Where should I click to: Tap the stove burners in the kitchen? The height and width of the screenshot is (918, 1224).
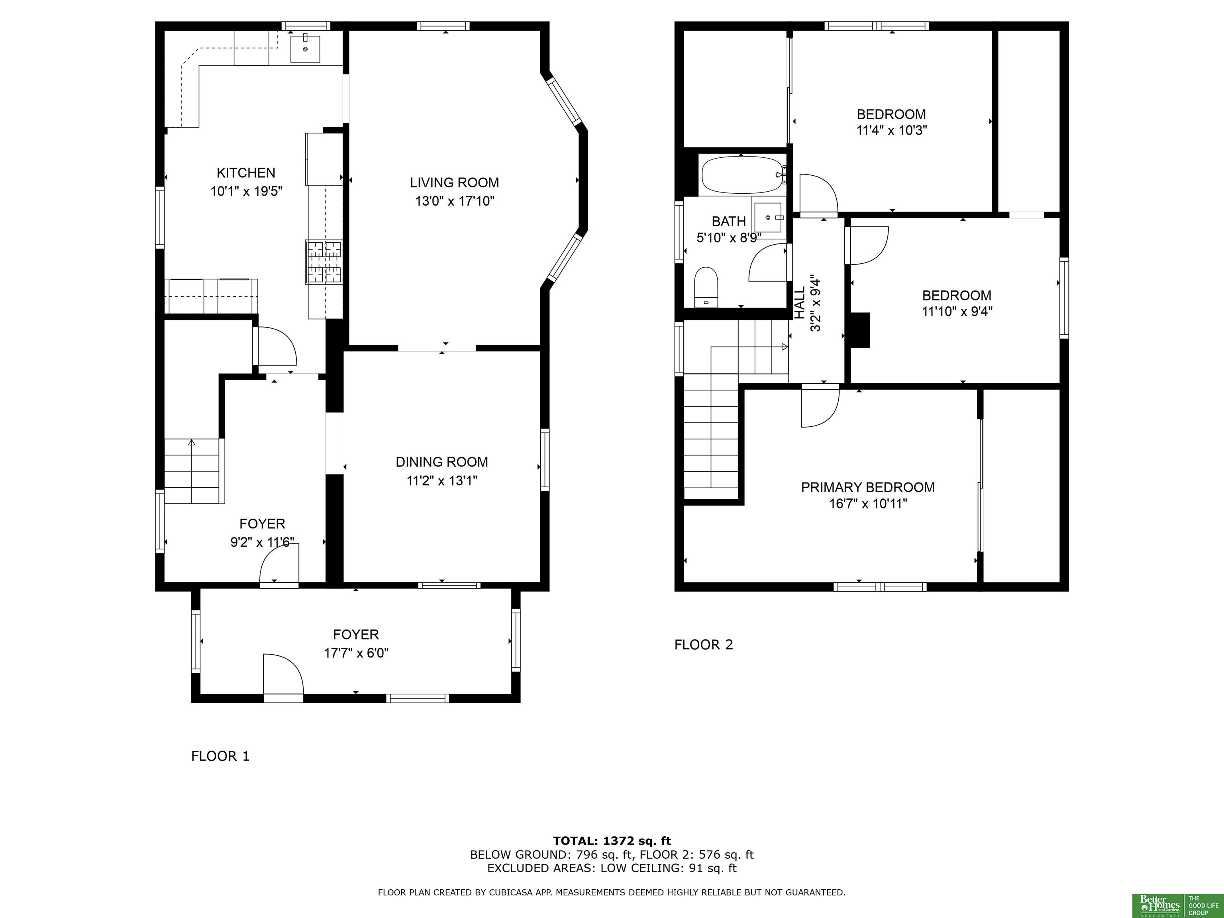point(324,262)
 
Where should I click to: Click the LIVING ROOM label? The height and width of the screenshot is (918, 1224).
point(454,182)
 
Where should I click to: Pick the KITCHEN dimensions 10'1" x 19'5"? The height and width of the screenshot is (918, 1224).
point(246,192)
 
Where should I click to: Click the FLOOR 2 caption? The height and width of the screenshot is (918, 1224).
point(703,644)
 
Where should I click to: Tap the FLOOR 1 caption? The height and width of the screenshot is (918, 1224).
point(220,756)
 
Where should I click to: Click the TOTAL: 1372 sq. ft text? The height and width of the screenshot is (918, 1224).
point(612,841)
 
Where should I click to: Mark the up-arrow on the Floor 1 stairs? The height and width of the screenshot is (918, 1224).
point(192,443)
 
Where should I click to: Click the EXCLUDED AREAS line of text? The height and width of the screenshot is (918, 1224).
point(612,868)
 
